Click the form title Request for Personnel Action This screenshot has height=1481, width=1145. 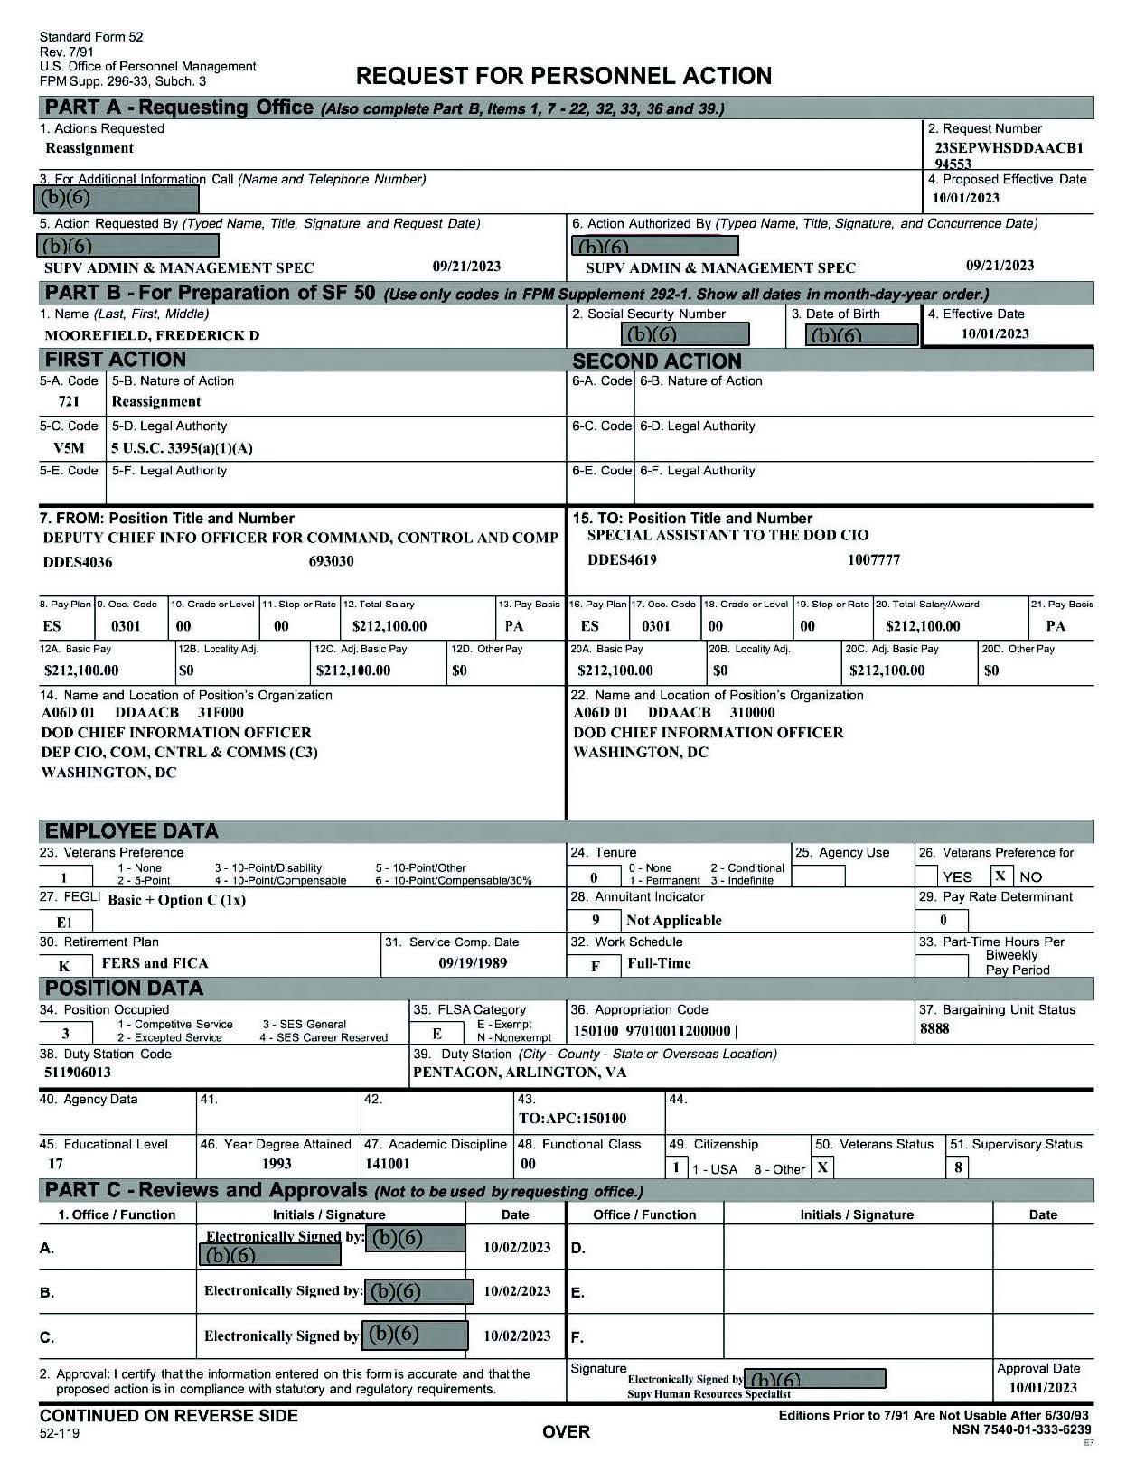564,76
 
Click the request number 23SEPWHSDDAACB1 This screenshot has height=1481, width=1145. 1009,148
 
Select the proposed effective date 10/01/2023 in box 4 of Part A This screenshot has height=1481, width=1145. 966,198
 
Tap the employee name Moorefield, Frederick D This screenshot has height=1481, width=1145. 152,335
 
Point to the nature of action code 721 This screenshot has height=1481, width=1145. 69,401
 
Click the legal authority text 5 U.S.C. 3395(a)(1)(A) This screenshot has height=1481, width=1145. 182,447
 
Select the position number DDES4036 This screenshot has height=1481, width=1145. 78,562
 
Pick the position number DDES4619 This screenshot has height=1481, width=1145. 622,559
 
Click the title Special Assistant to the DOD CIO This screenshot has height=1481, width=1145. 727,535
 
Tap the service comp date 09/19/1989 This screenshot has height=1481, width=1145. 473,962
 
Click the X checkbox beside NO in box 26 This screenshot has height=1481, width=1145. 1000,876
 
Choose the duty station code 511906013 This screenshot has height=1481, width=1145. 78,1073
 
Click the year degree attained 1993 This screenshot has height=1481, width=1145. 277,1164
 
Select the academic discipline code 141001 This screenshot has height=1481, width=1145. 388,1164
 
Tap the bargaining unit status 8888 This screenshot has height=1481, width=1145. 934,1028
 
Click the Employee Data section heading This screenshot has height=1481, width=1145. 132,831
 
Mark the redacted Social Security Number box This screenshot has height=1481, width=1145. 686,334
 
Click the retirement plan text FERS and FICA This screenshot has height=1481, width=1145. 155,963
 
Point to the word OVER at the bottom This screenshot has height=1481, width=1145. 566,1431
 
